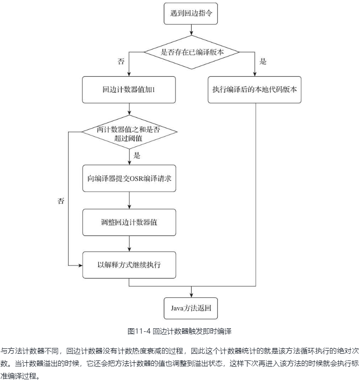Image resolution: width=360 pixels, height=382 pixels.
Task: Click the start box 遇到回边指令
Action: tap(191, 14)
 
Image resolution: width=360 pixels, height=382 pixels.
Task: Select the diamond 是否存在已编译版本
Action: tap(192, 52)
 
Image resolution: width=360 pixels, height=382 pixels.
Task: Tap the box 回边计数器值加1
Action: tap(129, 89)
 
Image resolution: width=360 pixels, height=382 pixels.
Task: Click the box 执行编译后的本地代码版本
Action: tap(255, 89)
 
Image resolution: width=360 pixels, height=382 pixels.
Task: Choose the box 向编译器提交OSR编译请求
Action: tap(129, 178)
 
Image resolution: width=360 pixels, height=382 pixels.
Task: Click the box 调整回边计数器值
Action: tap(129, 222)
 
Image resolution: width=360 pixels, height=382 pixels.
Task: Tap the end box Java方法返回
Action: tap(191, 308)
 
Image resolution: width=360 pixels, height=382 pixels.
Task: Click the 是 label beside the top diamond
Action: tap(263, 62)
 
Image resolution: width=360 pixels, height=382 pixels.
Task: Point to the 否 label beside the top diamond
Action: tap(121, 62)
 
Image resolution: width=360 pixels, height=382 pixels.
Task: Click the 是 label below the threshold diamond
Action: tap(137, 156)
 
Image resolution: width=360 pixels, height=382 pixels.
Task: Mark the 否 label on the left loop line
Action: tap(61, 201)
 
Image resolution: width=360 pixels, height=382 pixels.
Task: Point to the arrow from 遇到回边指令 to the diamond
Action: tap(191, 30)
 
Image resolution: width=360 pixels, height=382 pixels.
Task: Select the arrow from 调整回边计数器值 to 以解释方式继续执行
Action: tap(129, 244)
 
